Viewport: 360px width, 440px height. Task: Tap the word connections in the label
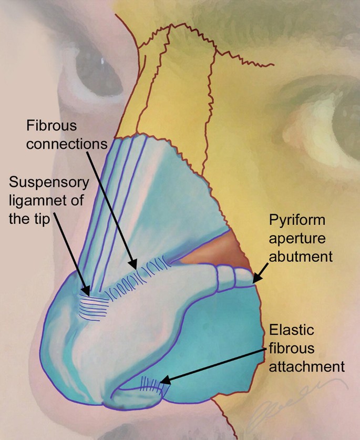click(67, 144)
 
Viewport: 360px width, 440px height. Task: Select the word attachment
click(306, 366)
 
